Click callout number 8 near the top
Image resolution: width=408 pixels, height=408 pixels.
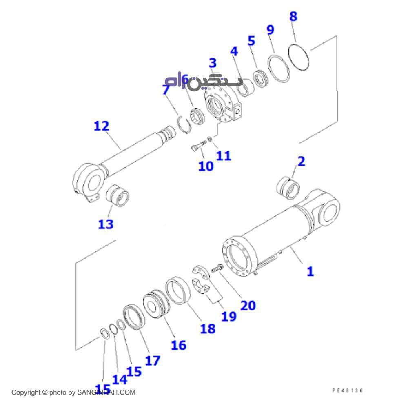(293, 17)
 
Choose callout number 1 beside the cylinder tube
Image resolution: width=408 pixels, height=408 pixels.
(310, 271)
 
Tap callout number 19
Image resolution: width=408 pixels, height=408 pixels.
(229, 316)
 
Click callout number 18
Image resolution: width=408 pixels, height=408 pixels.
(208, 328)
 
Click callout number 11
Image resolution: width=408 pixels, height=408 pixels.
(224, 155)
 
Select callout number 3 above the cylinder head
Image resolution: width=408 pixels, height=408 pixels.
(213, 63)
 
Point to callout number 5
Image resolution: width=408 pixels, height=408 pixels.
(251, 41)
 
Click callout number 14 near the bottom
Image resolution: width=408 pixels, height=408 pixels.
(120, 379)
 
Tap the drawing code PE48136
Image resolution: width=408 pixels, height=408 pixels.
(347, 390)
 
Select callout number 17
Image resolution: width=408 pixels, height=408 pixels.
(153, 360)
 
